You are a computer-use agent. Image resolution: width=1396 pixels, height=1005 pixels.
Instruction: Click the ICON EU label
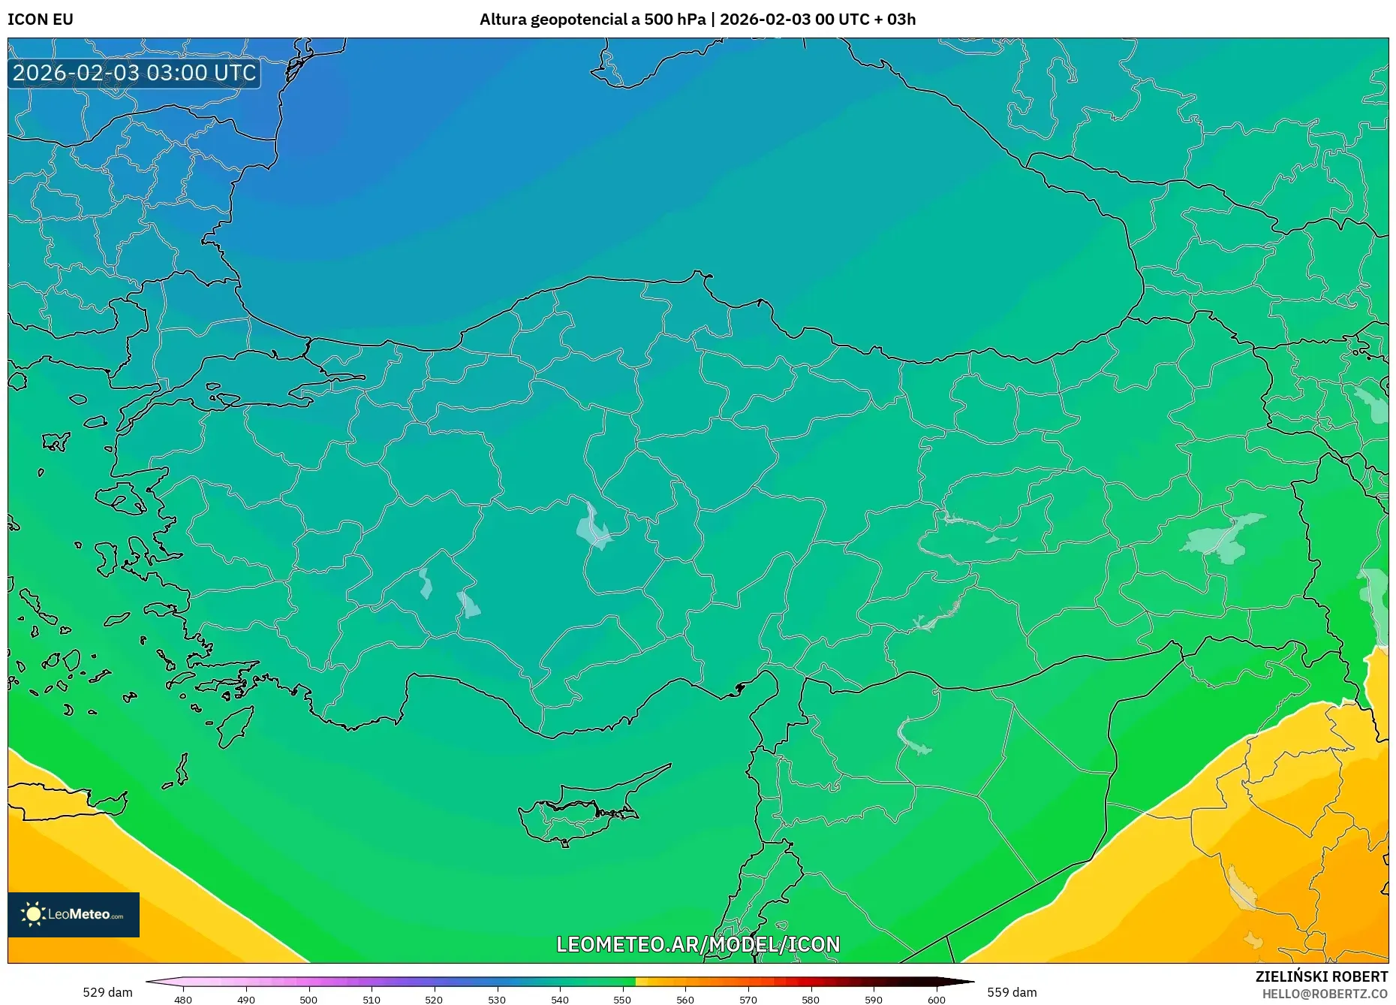tap(41, 20)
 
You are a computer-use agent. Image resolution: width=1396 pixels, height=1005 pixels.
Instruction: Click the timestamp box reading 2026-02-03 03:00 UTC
tap(134, 73)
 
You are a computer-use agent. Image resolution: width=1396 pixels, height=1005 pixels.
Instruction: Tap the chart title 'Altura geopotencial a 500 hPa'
tap(592, 20)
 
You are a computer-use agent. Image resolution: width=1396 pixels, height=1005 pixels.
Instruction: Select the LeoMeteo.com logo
tap(74, 914)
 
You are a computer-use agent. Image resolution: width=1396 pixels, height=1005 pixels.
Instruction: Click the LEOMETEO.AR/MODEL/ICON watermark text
tap(698, 944)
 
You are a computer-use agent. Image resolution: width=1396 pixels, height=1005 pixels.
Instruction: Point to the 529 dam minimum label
tap(107, 992)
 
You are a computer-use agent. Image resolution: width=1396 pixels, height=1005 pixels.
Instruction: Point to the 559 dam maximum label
tap(1012, 992)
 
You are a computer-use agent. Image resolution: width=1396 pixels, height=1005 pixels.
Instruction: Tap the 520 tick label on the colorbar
tap(434, 1000)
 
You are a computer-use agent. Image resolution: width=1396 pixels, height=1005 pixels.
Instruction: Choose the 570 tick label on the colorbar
tap(748, 1000)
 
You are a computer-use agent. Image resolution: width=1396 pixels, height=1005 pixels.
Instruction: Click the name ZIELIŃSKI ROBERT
tap(1321, 976)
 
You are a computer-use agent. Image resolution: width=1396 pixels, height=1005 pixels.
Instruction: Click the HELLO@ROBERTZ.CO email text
tap(1325, 994)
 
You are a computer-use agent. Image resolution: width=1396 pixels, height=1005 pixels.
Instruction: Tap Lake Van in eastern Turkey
tap(1223, 537)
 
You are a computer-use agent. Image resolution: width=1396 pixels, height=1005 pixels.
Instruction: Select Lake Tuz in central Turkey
tap(594, 527)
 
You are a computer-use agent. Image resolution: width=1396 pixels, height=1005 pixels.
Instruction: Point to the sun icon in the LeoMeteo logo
tap(33, 914)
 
